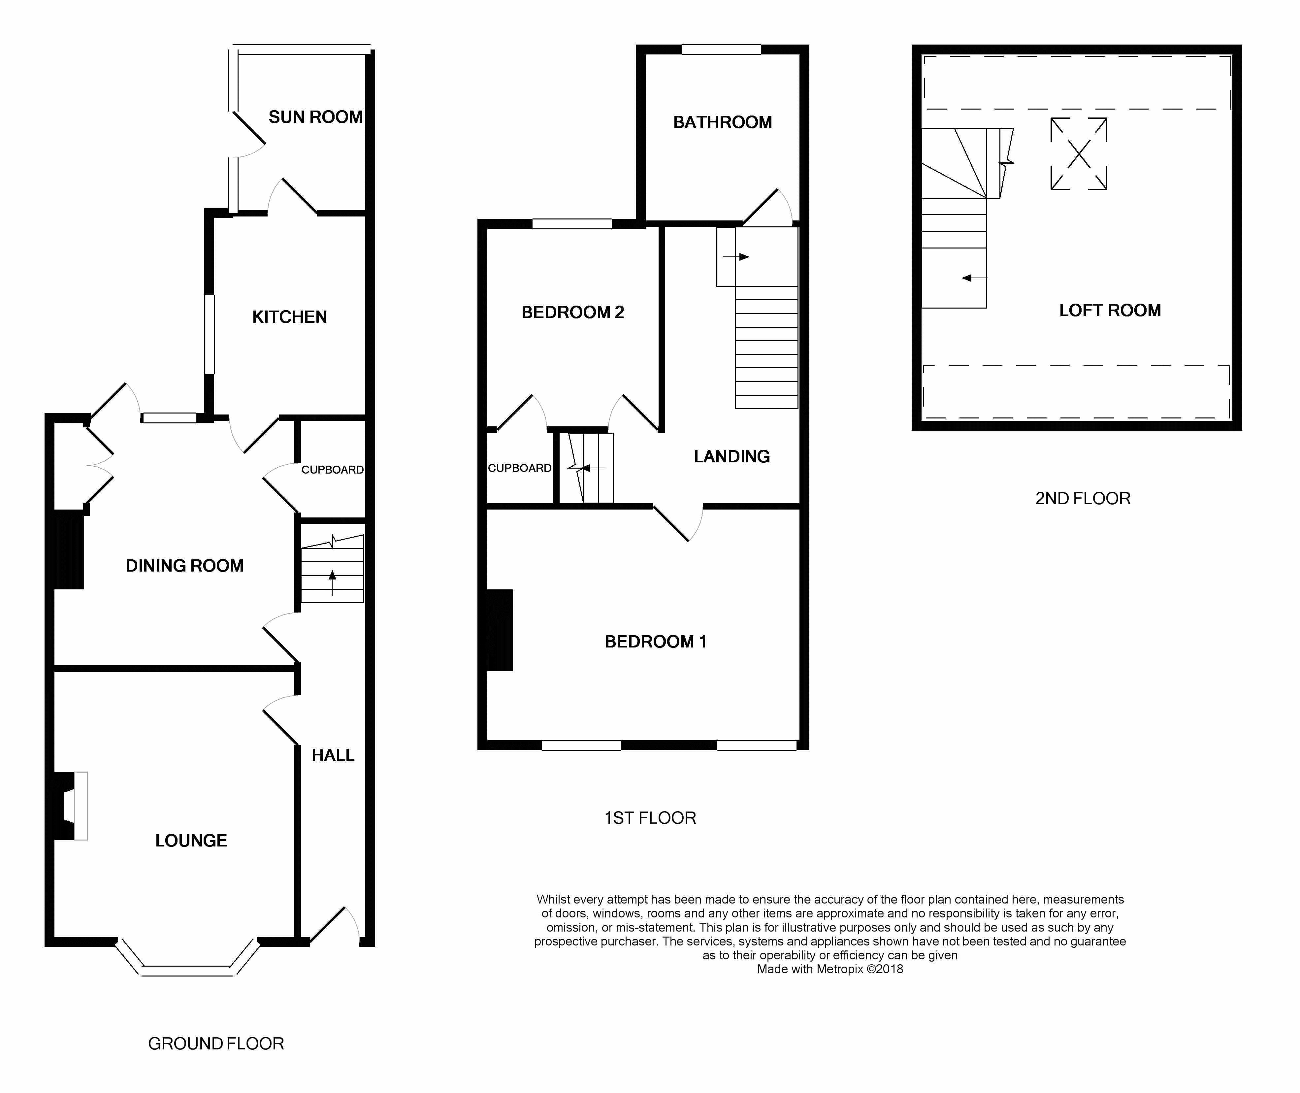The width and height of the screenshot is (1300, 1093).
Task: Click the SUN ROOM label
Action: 315,117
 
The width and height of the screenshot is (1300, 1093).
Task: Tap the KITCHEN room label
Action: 289,317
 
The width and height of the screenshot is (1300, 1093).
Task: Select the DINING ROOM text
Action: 184,566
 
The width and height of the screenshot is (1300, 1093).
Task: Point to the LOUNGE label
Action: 191,841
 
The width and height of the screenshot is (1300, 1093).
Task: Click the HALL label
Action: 333,755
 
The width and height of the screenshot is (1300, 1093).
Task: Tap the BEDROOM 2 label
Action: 572,312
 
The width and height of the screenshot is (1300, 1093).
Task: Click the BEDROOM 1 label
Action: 655,642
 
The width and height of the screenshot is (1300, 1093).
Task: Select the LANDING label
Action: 731,457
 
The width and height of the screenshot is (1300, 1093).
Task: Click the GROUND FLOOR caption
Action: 215,1044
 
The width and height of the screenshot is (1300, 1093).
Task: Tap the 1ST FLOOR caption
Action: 650,818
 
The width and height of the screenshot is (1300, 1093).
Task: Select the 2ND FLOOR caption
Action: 1083,499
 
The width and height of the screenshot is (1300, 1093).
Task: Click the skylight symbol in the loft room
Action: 1078,154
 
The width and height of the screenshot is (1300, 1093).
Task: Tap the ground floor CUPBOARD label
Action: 333,470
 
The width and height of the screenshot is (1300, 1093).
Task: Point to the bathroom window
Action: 721,50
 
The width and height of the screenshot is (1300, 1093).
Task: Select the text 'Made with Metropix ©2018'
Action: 830,969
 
